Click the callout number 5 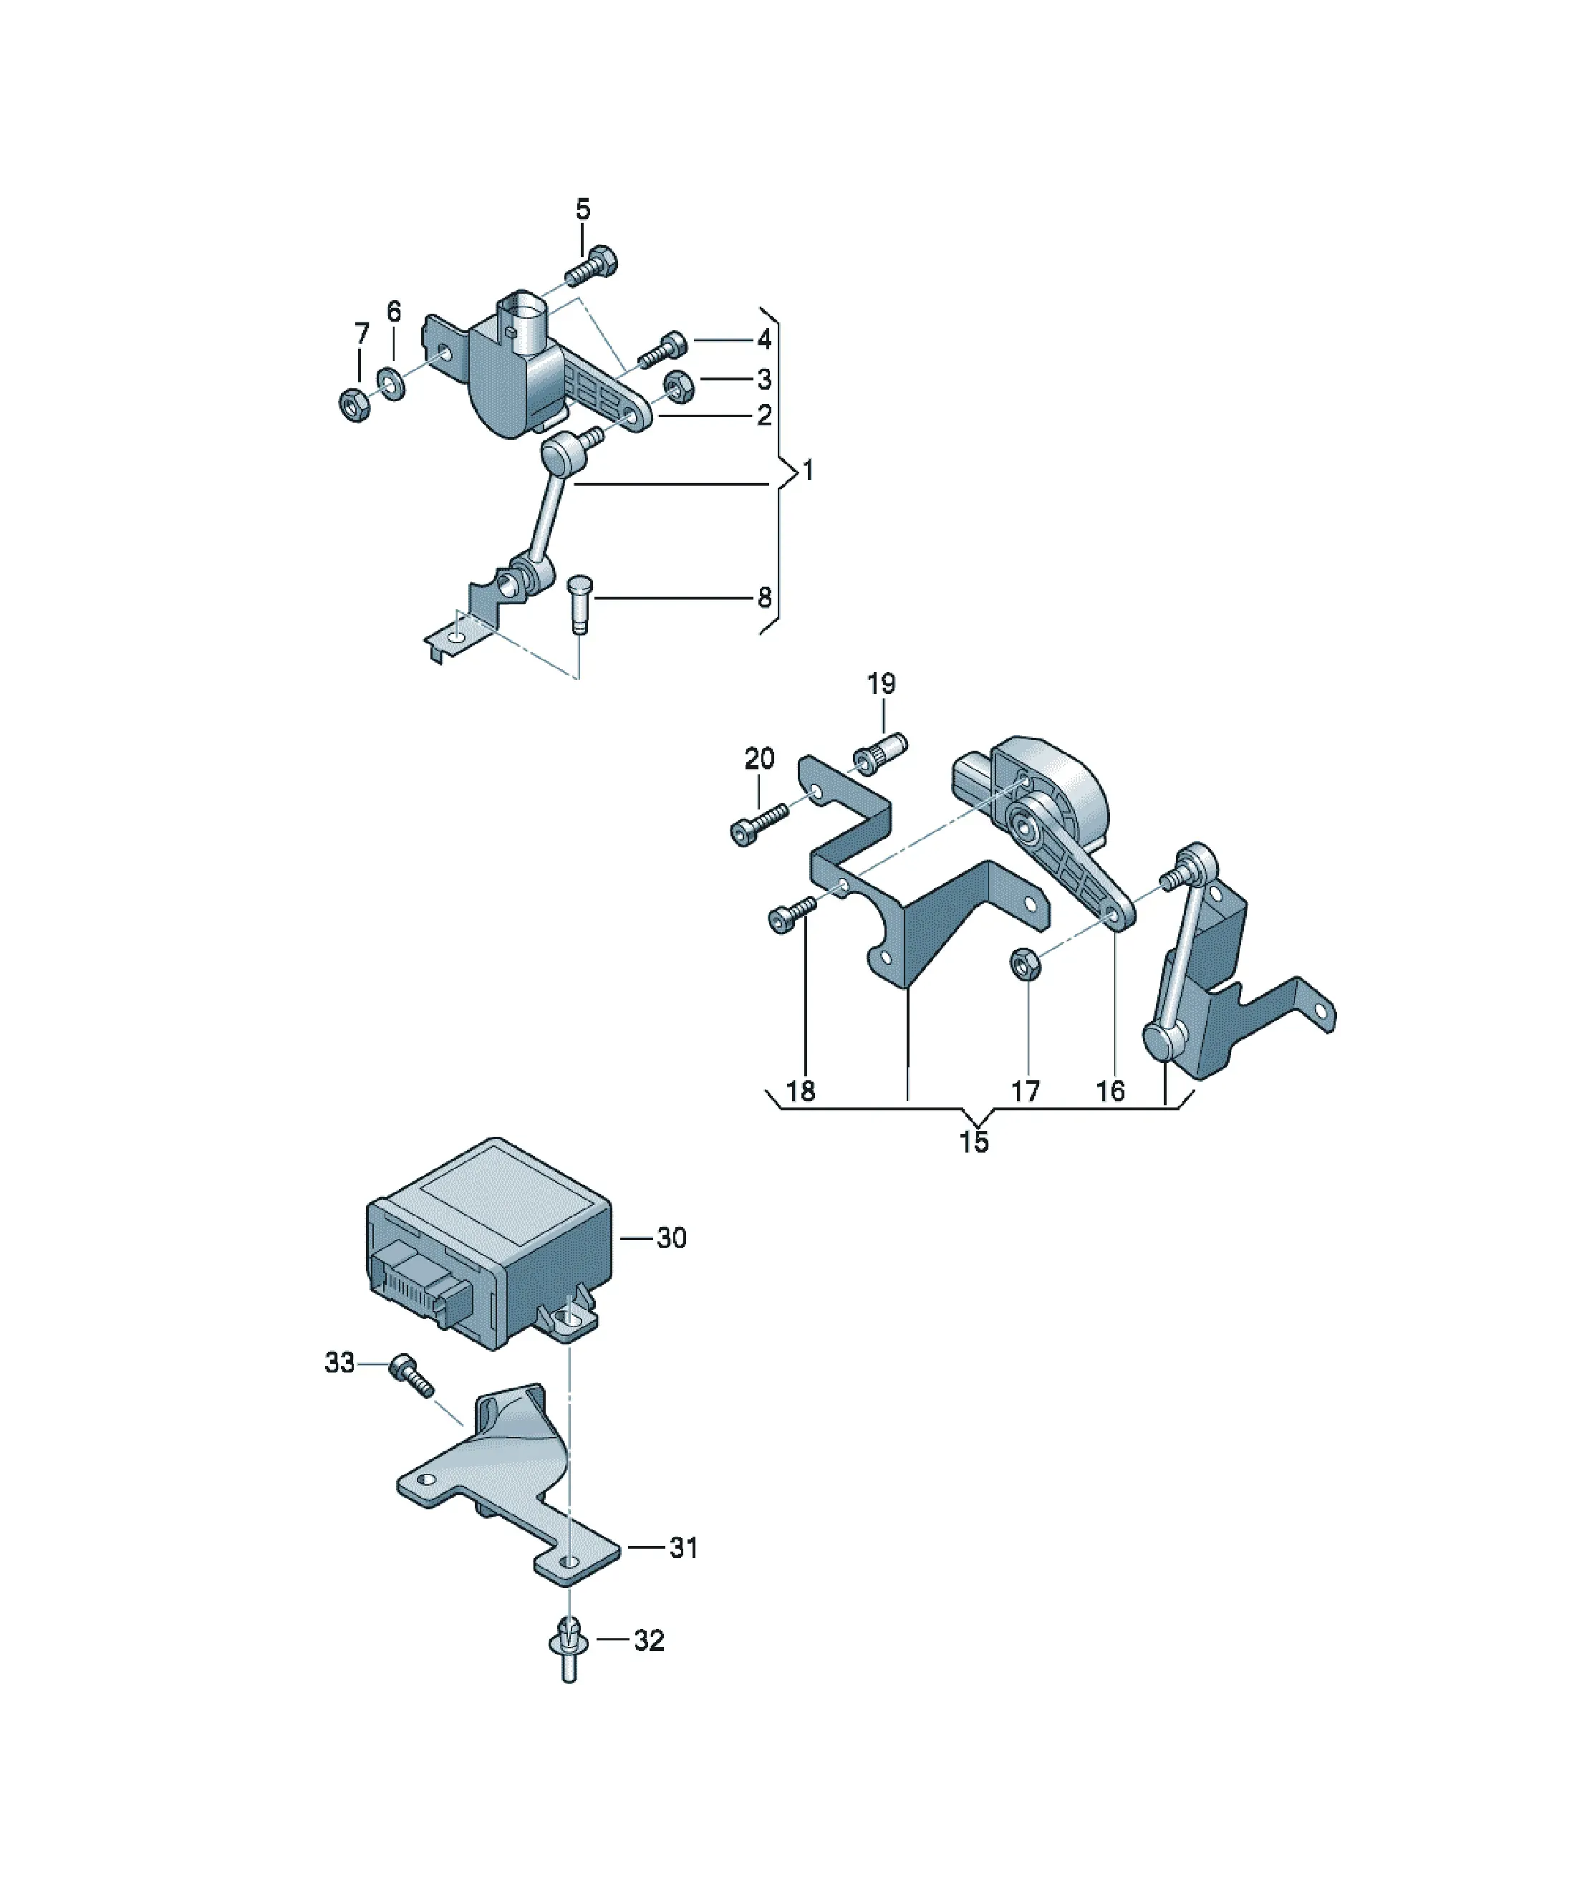coord(583,210)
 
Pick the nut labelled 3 coord(677,386)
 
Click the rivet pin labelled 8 coord(579,605)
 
